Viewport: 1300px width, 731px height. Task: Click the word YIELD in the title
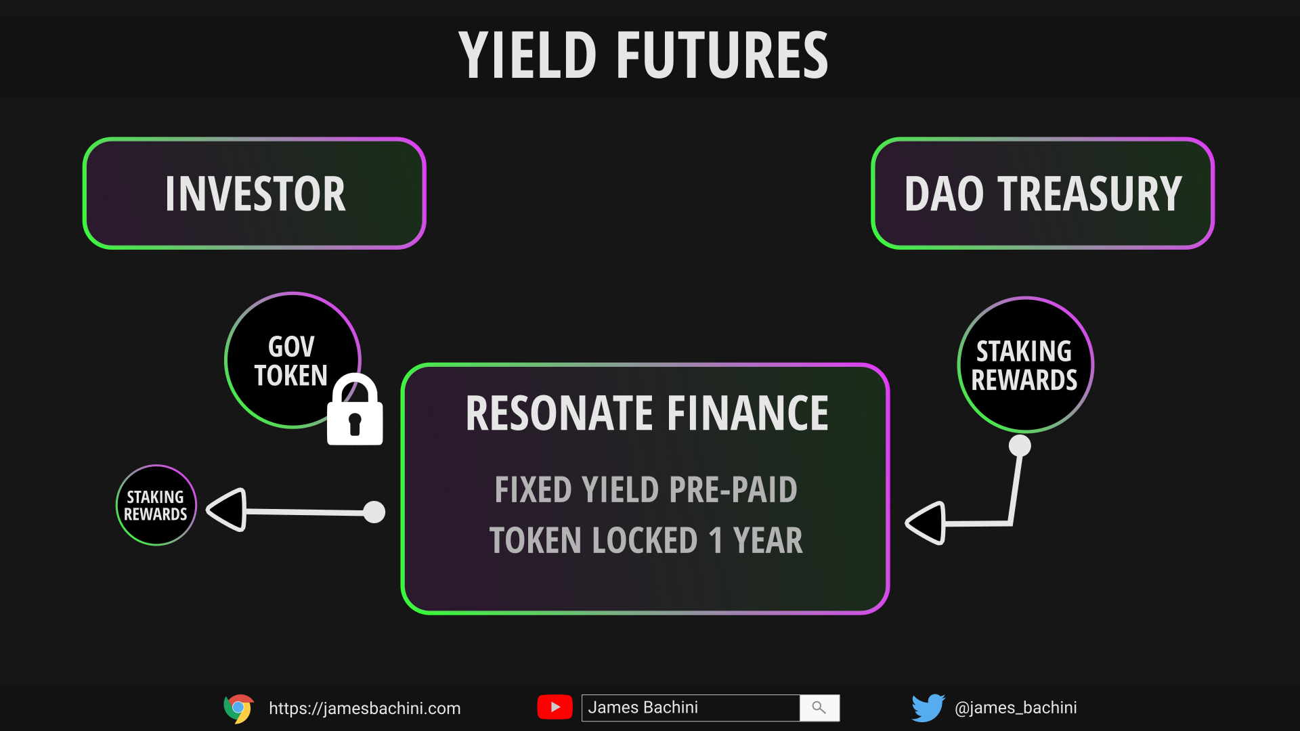click(x=527, y=56)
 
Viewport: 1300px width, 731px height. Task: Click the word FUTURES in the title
click(x=722, y=56)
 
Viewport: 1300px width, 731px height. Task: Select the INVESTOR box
click(x=254, y=194)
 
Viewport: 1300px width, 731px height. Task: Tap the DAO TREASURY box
click(x=1043, y=194)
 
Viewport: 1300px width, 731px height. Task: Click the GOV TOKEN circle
click(x=292, y=360)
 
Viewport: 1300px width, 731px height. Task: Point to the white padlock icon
click(x=355, y=409)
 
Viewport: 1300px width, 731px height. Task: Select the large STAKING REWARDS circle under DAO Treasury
click(x=1025, y=365)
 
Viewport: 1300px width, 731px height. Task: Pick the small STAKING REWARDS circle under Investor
click(x=156, y=505)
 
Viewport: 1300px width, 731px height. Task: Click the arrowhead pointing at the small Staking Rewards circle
click(x=226, y=510)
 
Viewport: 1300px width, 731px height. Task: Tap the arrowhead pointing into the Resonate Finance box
click(x=926, y=523)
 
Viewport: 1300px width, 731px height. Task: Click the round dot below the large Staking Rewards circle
click(x=1020, y=446)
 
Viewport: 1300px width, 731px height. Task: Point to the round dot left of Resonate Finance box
click(x=374, y=512)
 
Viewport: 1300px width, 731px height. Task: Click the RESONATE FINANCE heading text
click(x=647, y=414)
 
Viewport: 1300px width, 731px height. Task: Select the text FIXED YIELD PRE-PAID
click(x=646, y=489)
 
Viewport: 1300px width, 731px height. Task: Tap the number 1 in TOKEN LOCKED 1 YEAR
click(x=715, y=541)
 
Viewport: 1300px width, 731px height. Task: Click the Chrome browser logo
click(x=238, y=709)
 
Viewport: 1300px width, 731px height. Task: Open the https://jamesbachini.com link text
click(x=365, y=709)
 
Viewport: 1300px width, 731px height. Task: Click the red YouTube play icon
click(x=555, y=707)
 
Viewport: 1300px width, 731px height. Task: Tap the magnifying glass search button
click(x=819, y=708)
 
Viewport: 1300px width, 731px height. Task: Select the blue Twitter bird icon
click(x=928, y=708)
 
